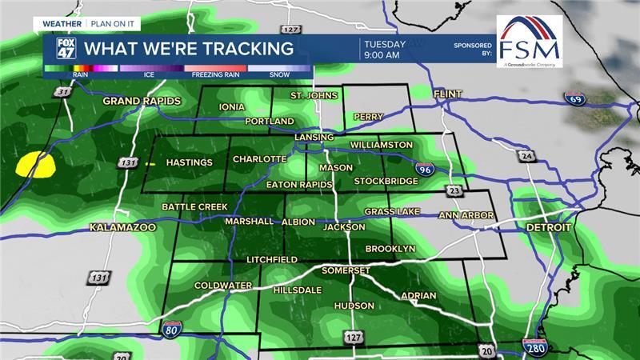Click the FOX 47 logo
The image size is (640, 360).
[65, 49]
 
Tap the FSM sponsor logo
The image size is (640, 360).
[529, 41]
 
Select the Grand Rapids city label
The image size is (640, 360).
[142, 101]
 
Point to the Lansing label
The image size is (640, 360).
[313, 137]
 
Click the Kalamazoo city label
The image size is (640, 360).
[122, 228]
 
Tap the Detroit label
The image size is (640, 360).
[549, 228]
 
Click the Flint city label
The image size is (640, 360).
[448, 94]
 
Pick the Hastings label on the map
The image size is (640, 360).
[189, 162]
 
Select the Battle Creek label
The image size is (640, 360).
[194, 207]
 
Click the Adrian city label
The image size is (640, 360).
[419, 296]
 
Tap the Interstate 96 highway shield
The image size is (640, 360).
[425, 168]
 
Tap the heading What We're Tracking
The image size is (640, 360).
[189, 49]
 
